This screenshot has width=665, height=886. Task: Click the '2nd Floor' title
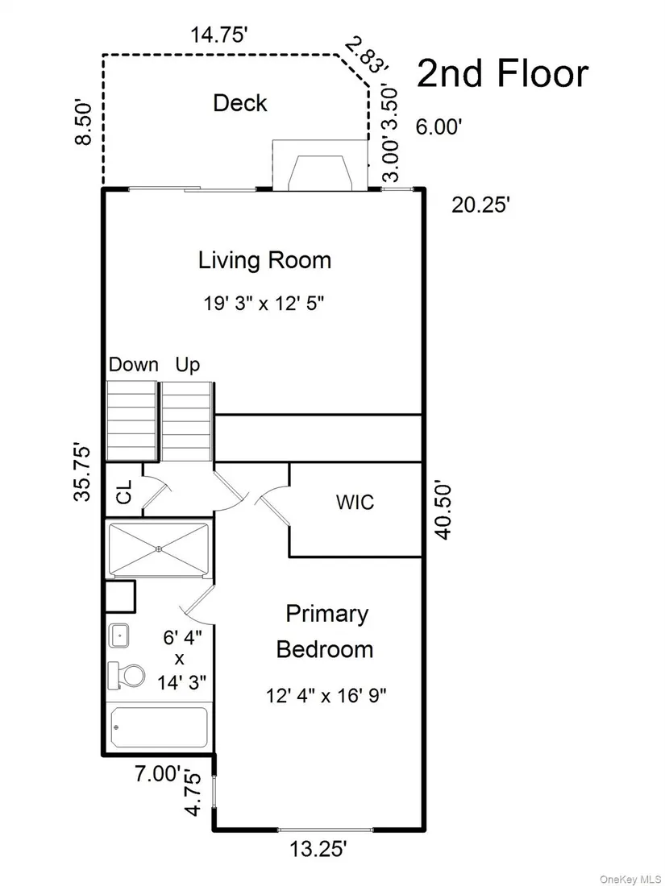(503, 74)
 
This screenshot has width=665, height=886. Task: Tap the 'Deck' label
(239, 103)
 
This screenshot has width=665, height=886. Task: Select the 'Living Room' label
(264, 260)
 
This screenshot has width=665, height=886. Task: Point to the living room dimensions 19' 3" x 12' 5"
(264, 304)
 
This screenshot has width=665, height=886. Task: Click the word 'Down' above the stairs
(134, 364)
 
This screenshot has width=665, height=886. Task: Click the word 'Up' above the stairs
(188, 366)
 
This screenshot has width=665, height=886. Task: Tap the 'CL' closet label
(124, 491)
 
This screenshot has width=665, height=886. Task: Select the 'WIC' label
(355, 502)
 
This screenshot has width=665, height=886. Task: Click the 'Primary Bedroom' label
(325, 631)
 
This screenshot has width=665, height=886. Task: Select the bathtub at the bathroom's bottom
(160, 727)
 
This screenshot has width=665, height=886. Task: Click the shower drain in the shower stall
(159, 549)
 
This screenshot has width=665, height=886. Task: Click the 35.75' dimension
(82, 474)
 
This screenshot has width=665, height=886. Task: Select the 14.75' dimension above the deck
(219, 35)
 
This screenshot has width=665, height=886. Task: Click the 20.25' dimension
(480, 205)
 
